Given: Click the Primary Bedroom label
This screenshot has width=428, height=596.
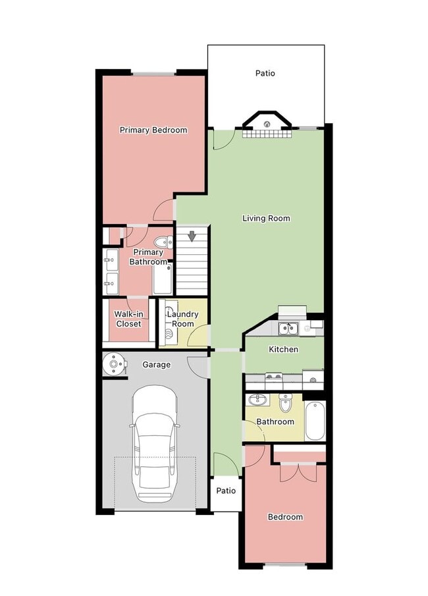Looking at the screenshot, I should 153,130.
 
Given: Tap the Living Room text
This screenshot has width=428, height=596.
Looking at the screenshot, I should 266,218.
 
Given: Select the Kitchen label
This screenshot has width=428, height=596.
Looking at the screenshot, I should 283,349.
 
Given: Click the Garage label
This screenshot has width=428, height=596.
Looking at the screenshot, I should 156,364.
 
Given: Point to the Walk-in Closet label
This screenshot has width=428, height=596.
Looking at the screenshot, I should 128,319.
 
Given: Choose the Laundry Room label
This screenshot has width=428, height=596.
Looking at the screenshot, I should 182,319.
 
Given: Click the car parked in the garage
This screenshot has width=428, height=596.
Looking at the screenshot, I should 154,443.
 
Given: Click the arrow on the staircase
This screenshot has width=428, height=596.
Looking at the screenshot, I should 192,235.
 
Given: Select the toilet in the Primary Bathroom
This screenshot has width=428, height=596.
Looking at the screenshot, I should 165,242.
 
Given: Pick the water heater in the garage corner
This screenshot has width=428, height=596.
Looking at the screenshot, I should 115,363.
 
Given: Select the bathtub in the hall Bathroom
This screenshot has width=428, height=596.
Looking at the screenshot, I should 315,421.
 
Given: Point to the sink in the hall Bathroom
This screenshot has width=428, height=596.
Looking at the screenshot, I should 256,400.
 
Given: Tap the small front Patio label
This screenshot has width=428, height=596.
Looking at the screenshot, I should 226,491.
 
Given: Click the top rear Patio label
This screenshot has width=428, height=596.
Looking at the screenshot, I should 265,73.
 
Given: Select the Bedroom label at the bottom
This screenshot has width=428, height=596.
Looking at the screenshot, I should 285,517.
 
